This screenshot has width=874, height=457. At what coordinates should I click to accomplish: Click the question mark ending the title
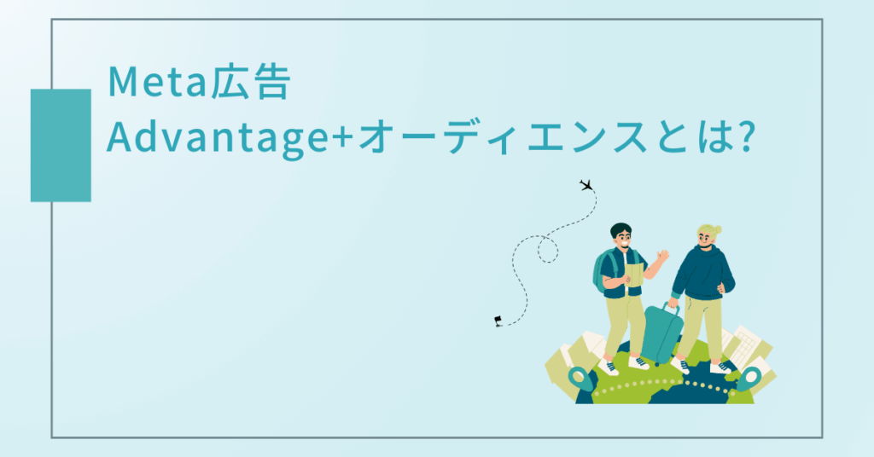point(743,138)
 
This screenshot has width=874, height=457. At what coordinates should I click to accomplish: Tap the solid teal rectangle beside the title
point(61,145)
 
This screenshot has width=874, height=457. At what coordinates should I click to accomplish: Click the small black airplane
point(586,185)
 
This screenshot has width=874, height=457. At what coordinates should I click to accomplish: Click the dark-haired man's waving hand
point(663,256)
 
